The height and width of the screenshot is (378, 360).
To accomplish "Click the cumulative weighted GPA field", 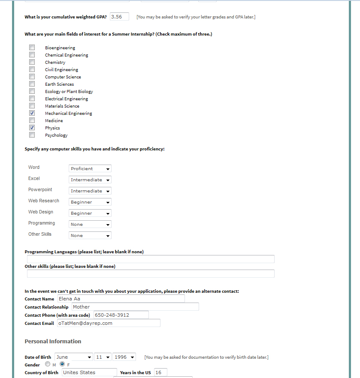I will pyautogui.click(x=119, y=17).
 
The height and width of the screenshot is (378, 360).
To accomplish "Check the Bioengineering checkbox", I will pyautogui.click(x=32, y=48).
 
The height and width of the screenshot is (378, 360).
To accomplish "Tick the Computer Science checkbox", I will pyautogui.click(x=32, y=77).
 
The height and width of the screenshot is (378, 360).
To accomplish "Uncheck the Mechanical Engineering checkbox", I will pyautogui.click(x=32, y=113).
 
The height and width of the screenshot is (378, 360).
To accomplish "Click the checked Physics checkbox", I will pyautogui.click(x=32, y=128).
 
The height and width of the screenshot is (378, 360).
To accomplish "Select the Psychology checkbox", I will pyautogui.click(x=32, y=135).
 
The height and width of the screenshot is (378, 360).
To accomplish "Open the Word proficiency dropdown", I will pyautogui.click(x=90, y=168).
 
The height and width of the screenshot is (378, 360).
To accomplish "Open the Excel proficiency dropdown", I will pyautogui.click(x=90, y=180).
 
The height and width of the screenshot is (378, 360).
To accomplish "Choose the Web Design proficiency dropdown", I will pyautogui.click(x=90, y=213).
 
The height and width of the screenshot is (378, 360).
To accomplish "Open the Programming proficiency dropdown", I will pyautogui.click(x=90, y=224).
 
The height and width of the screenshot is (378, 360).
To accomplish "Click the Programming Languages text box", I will pyautogui.click(x=151, y=259).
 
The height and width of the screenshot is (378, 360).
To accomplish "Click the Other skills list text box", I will pyautogui.click(x=151, y=273).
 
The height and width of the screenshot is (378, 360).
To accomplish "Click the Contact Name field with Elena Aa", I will pyautogui.click(x=121, y=299).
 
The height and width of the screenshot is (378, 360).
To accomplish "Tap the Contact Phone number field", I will pyautogui.click(x=121, y=315).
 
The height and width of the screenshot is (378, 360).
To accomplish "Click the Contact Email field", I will pyautogui.click(x=108, y=323).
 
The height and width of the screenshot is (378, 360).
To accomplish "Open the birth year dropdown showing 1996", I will pyautogui.click(x=124, y=357).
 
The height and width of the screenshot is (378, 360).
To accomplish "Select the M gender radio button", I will pyautogui.click(x=48, y=364).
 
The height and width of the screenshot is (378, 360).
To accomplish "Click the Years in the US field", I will pyautogui.click(x=160, y=372).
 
